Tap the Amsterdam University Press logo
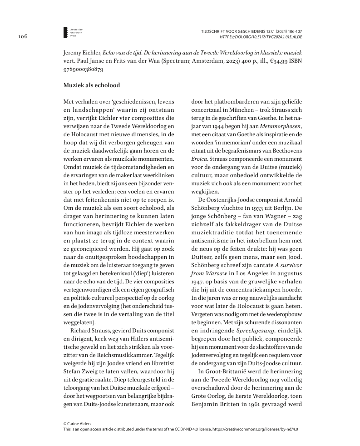[x=66, y=32]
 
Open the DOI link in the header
[x=261, y=36]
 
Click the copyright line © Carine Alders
[x=78, y=424]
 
